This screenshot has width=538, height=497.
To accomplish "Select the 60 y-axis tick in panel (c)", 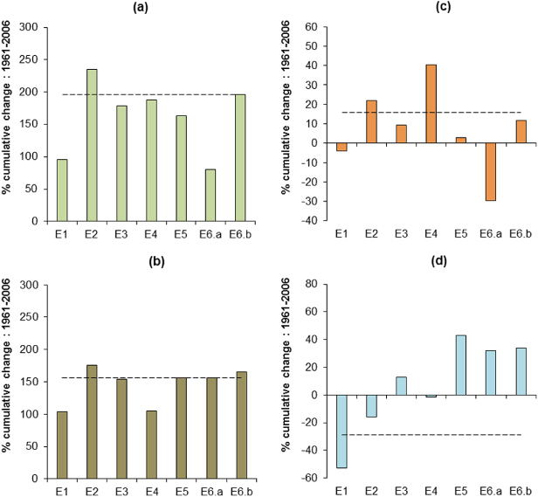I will pos(309,28).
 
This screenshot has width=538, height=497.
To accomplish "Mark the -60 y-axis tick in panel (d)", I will pos(307,478).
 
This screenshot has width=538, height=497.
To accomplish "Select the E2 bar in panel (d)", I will pos(370,405).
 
